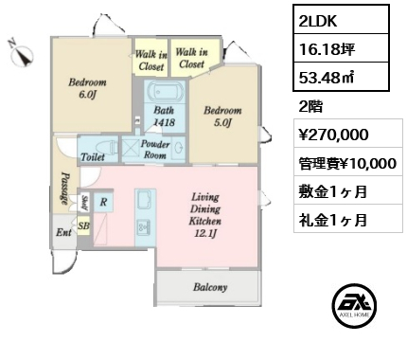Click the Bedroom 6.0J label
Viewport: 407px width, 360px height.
click(87, 88)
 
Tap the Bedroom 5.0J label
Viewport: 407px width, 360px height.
click(222, 117)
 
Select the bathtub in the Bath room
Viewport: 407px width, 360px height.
click(166, 92)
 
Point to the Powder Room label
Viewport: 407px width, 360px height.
click(154, 150)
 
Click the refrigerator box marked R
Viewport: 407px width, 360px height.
click(103, 202)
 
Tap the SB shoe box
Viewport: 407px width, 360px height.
click(84, 225)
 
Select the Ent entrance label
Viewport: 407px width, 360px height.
click(63, 233)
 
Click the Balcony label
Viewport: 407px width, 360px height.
click(210, 287)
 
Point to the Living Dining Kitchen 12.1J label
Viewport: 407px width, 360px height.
click(205, 215)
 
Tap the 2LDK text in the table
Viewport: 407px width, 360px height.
click(318, 21)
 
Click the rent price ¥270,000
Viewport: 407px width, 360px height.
click(334, 135)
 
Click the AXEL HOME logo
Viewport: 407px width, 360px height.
click(354, 305)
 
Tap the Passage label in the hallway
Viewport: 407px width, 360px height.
click(64, 189)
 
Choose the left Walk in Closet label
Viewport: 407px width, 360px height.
click(151, 61)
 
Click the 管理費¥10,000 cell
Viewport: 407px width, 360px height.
click(348, 162)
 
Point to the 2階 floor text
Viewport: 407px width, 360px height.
click(310, 107)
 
